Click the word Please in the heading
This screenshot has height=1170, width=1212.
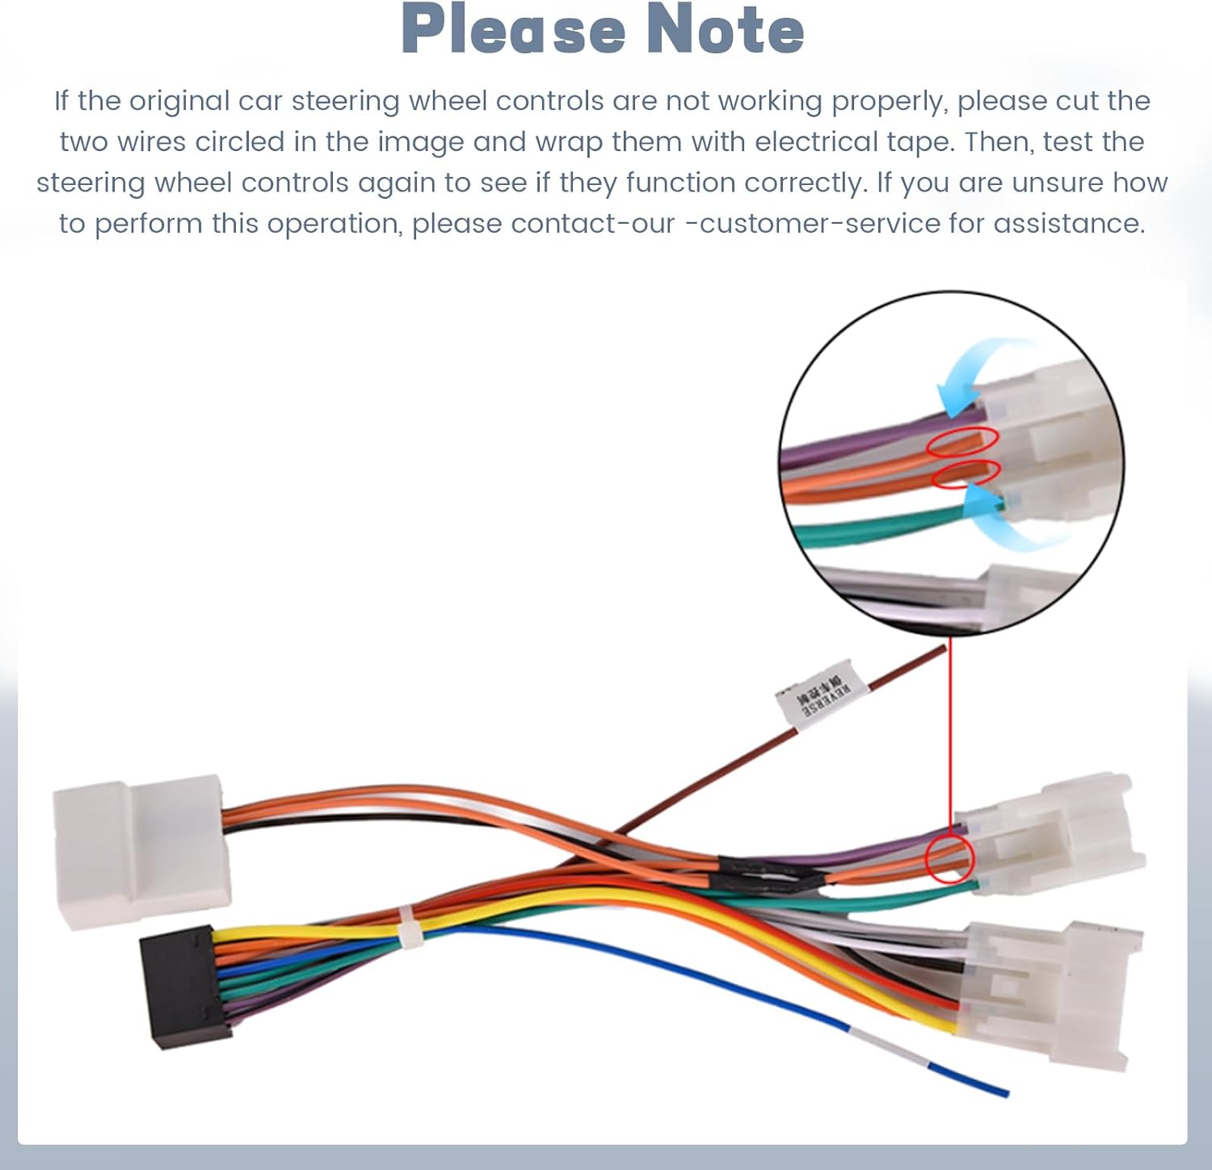(x=513, y=30)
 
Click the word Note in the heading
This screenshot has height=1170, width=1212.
(x=725, y=30)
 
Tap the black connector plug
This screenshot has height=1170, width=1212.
(x=184, y=987)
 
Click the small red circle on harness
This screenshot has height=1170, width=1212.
(x=949, y=858)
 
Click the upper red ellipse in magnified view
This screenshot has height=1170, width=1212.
(x=962, y=440)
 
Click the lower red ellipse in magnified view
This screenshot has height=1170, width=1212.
(x=966, y=473)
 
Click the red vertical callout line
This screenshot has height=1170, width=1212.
(x=950, y=727)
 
